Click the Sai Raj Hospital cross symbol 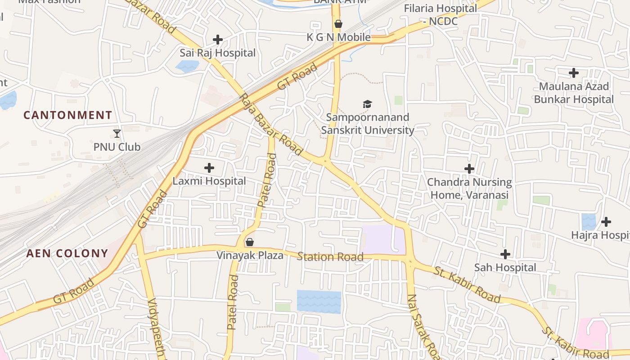[x=218, y=40]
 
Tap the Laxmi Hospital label [x=209, y=181]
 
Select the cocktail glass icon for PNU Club [x=117, y=133]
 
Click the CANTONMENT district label [x=67, y=115]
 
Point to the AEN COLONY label [x=67, y=253]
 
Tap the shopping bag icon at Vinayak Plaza [x=250, y=243]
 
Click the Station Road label [x=330, y=257]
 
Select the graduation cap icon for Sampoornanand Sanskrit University [x=368, y=104]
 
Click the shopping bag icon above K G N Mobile [x=338, y=24]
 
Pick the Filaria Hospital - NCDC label [x=441, y=14]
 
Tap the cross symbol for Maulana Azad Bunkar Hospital [x=574, y=72]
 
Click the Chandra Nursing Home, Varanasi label [x=469, y=189]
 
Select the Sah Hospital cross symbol [x=505, y=254]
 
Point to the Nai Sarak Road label [x=423, y=326]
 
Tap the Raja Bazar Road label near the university [x=271, y=125]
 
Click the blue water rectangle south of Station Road [x=319, y=301]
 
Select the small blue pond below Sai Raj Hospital [x=187, y=67]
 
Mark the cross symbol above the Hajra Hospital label [x=606, y=222]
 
